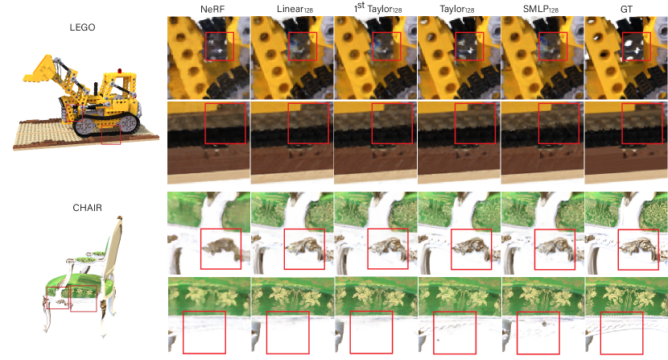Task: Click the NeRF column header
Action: pyautogui.click(x=212, y=9)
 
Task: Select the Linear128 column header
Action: pyautogui.click(x=295, y=9)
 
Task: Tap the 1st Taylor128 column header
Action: pyautogui.click(x=377, y=8)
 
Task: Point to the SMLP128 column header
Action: pyautogui.click(x=541, y=9)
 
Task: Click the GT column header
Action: pyautogui.click(x=626, y=9)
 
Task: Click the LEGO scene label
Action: pyautogui.click(x=82, y=27)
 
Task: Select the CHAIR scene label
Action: pyautogui.click(x=88, y=208)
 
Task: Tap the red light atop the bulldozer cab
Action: pyautogui.click(x=120, y=70)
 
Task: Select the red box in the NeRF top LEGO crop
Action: pyautogui.click(x=220, y=46)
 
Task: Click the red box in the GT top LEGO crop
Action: pyautogui.click(x=637, y=46)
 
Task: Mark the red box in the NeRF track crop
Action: pyautogui.click(x=225, y=123)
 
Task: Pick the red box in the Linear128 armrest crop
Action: pyautogui.click(x=304, y=249)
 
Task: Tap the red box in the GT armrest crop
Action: pyautogui.click(x=638, y=249)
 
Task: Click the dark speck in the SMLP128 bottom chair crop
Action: pyautogui.click(x=544, y=325)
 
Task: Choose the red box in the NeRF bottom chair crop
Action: pyautogui.click(x=204, y=333)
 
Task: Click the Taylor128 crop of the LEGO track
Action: pyautogui.click(x=459, y=143)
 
